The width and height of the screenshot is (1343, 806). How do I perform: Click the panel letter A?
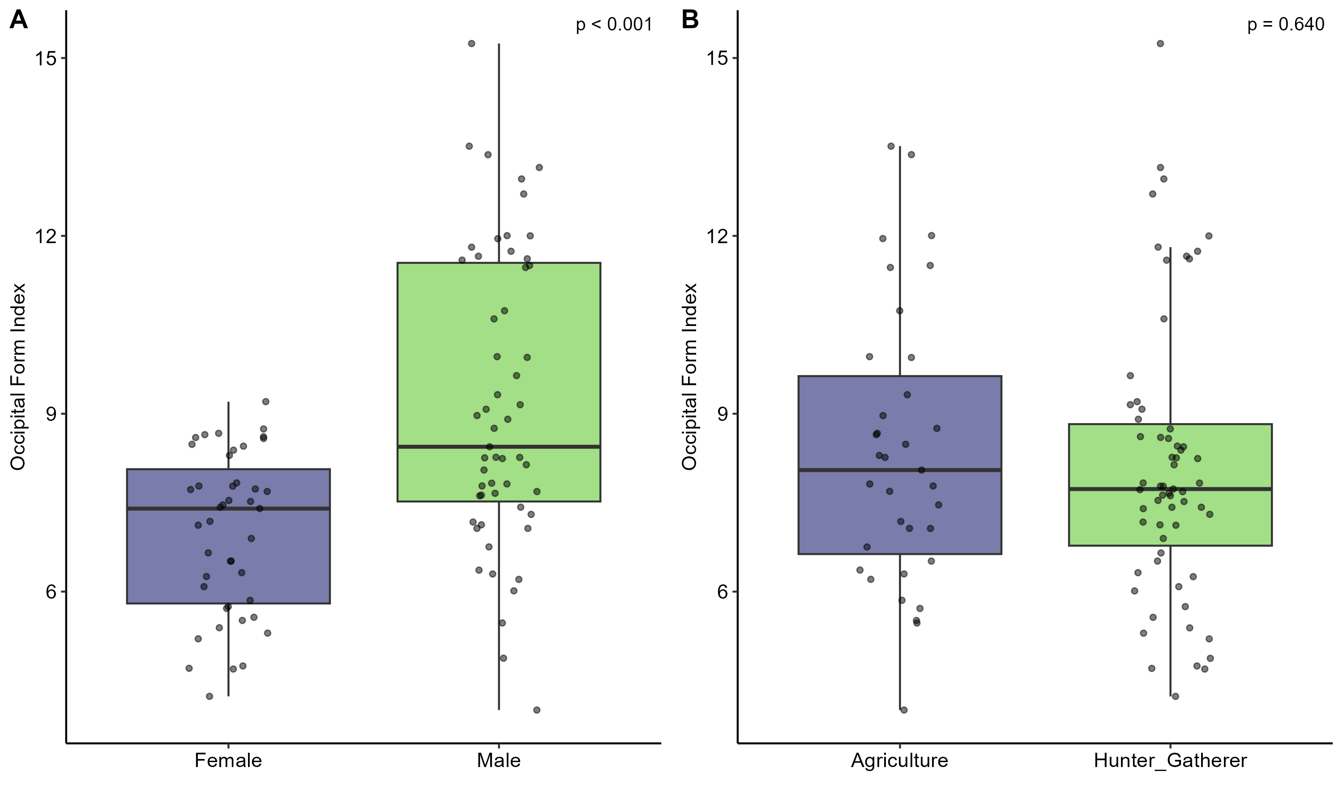[x=18, y=21]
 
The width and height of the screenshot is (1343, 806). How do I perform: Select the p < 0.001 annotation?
[x=614, y=25]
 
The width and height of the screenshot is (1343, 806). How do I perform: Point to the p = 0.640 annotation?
[x=1285, y=25]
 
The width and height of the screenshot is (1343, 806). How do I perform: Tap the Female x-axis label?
[x=228, y=760]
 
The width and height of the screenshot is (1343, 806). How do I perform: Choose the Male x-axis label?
[x=498, y=760]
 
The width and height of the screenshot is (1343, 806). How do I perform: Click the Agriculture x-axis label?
[x=899, y=760]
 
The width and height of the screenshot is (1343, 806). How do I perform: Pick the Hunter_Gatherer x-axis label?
[x=1170, y=760]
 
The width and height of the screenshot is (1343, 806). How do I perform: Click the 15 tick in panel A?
[x=46, y=58]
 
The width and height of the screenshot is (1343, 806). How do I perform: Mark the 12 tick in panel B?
[x=717, y=236]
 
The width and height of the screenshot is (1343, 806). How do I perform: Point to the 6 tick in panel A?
[x=51, y=592]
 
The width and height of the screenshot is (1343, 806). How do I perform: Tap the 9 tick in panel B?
[x=723, y=414]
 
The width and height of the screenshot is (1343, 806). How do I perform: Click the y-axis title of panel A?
[x=18, y=377]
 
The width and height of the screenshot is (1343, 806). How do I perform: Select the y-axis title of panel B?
[x=690, y=377]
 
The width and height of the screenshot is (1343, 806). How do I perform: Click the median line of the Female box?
[x=228, y=508]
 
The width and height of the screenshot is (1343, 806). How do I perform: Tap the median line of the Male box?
[x=498, y=446]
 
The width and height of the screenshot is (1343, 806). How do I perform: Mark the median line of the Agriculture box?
[x=899, y=470]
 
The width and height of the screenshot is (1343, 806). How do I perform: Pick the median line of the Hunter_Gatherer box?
[x=1170, y=489]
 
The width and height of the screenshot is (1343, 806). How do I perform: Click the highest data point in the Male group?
[x=472, y=43]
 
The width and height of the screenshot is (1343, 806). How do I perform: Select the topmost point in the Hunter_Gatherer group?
[x=1160, y=43]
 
